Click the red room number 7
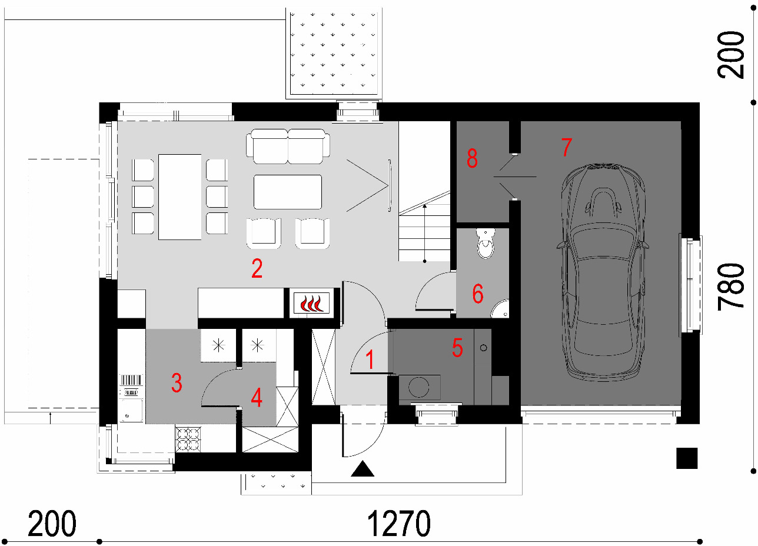(567, 147)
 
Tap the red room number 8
(472, 158)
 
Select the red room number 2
(257, 268)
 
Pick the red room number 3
(177, 383)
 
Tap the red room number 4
(257, 398)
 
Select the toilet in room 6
(486, 243)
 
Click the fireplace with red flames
(311, 303)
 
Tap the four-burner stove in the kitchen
(188, 440)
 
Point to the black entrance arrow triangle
(363, 468)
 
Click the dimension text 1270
(398, 524)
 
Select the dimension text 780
(731, 287)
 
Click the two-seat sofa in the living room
(288, 147)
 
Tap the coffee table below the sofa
(288, 192)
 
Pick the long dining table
(179, 197)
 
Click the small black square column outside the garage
(687, 458)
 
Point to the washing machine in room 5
(420, 387)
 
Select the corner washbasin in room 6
(500, 308)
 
